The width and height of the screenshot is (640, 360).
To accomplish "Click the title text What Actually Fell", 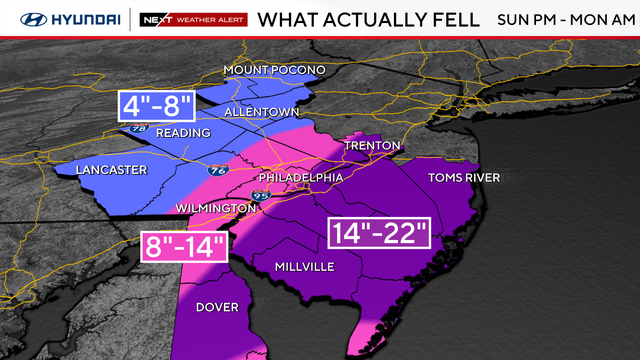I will coord(360,18).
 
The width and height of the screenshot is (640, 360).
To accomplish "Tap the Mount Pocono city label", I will coord(275,70).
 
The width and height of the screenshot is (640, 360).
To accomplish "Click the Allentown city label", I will coord(261,113).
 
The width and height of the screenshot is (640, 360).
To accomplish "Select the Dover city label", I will coord(216,307).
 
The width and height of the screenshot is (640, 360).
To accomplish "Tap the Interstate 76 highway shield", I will coord(215,171).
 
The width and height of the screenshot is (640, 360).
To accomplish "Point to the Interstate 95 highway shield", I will coord(263,195).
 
